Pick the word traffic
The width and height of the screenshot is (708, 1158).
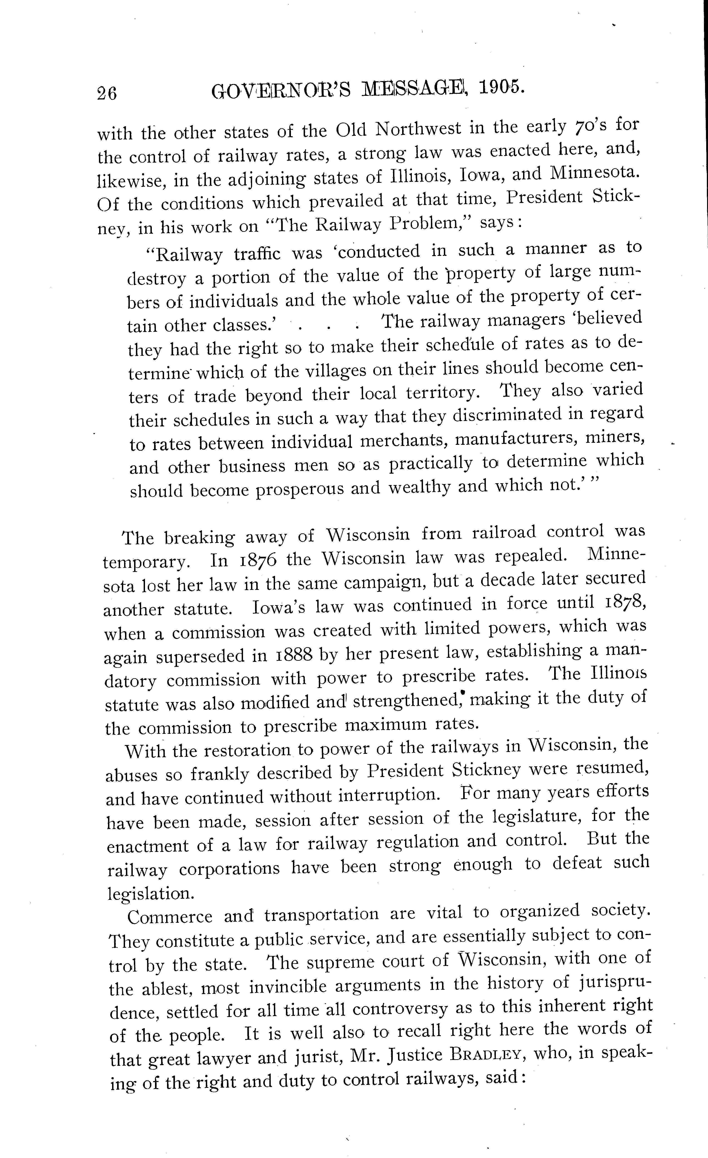point(257,254)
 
